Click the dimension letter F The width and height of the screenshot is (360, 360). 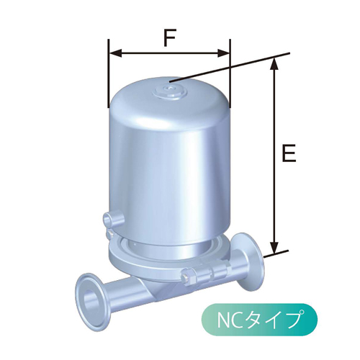(169, 37)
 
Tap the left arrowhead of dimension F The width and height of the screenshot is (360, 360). (114, 53)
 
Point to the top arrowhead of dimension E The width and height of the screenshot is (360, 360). (273, 64)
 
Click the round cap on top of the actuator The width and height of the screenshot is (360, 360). (170, 89)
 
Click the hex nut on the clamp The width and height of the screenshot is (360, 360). (189, 276)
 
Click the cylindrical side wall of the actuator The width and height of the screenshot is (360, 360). (169, 166)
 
